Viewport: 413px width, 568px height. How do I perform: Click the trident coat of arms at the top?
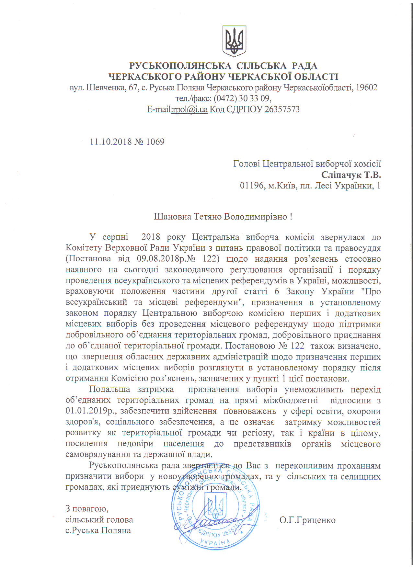pyautogui.click(x=234, y=41)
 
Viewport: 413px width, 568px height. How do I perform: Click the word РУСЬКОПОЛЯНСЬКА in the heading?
pyautogui.click(x=180, y=66)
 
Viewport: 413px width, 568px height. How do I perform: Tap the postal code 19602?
pyautogui.click(x=366, y=88)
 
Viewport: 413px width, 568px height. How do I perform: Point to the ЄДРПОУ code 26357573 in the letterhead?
pyautogui.click(x=282, y=109)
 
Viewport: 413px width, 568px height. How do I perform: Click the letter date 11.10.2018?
pyautogui.click(x=111, y=142)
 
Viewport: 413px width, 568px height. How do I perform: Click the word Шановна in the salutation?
pyautogui.click(x=172, y=217)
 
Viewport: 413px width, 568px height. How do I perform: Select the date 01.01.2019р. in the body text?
pyautogui.click(x=91, y=411)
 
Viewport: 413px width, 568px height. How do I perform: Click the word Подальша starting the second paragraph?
pyautogui.click(x=109, y=389)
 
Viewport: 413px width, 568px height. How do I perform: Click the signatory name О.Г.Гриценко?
pyautogui.click(x=307, y=520)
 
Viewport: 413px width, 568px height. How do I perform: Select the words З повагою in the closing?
pyautogui.click(x=86, y=509)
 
